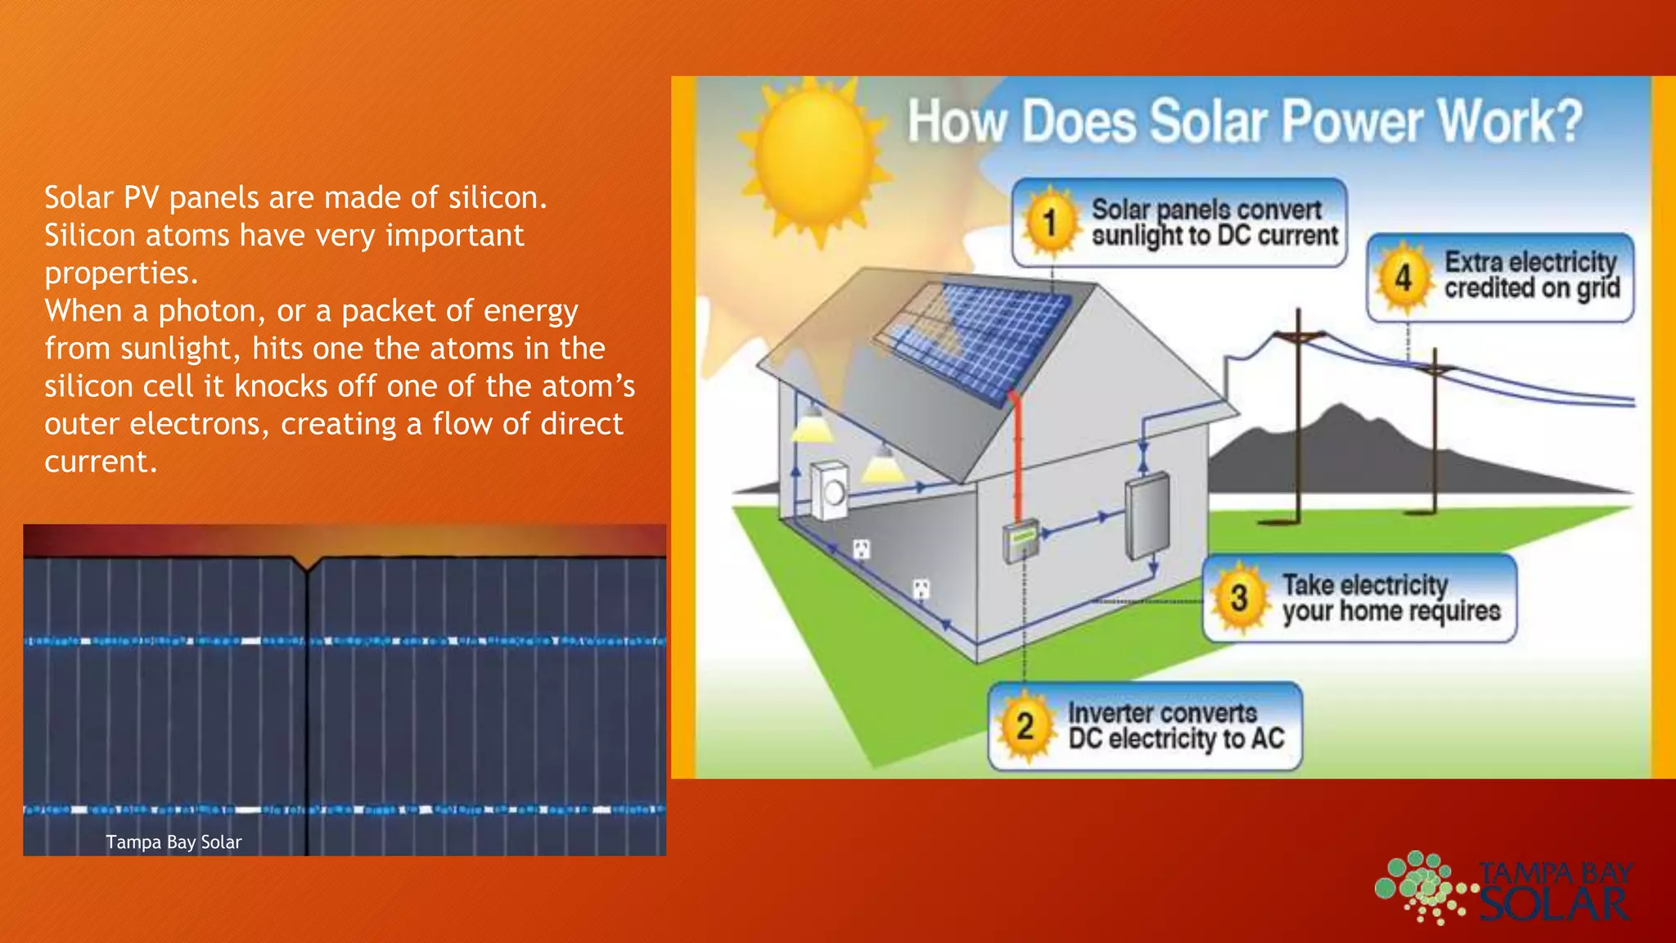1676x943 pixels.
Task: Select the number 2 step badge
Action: [1025, 726]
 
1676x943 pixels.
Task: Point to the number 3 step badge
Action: [1239, 598]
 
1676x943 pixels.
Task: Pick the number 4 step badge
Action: [1403, 278]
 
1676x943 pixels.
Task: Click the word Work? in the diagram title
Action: [1510, 122]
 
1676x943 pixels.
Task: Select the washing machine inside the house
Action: [829, 491]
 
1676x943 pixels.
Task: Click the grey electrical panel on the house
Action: [1147, 516]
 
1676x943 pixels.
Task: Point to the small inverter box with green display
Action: [1020, 540]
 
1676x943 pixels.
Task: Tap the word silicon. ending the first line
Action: [497, 198]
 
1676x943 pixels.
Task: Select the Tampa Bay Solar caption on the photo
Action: [173, 842]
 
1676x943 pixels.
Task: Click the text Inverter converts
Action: [1162, 713]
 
